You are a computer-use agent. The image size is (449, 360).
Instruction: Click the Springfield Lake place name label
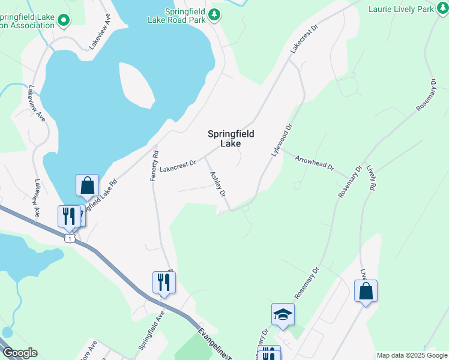coord(231,139)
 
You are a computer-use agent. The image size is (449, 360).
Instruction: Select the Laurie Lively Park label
coord(400,9)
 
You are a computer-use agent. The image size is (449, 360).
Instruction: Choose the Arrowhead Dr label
coord(314,163)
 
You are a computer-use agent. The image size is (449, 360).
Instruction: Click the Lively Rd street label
coord(370,179)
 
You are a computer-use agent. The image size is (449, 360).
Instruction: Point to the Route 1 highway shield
coord(70,239)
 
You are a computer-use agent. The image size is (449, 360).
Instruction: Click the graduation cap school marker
coord(283,314)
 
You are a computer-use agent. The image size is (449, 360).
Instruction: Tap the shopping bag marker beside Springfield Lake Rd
coord(87,185)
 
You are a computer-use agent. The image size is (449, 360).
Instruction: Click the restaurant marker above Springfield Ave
coord(164,282)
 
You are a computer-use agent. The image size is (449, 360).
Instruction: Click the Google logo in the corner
coord(19,353)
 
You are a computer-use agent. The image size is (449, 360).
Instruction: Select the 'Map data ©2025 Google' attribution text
coord(412,355)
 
